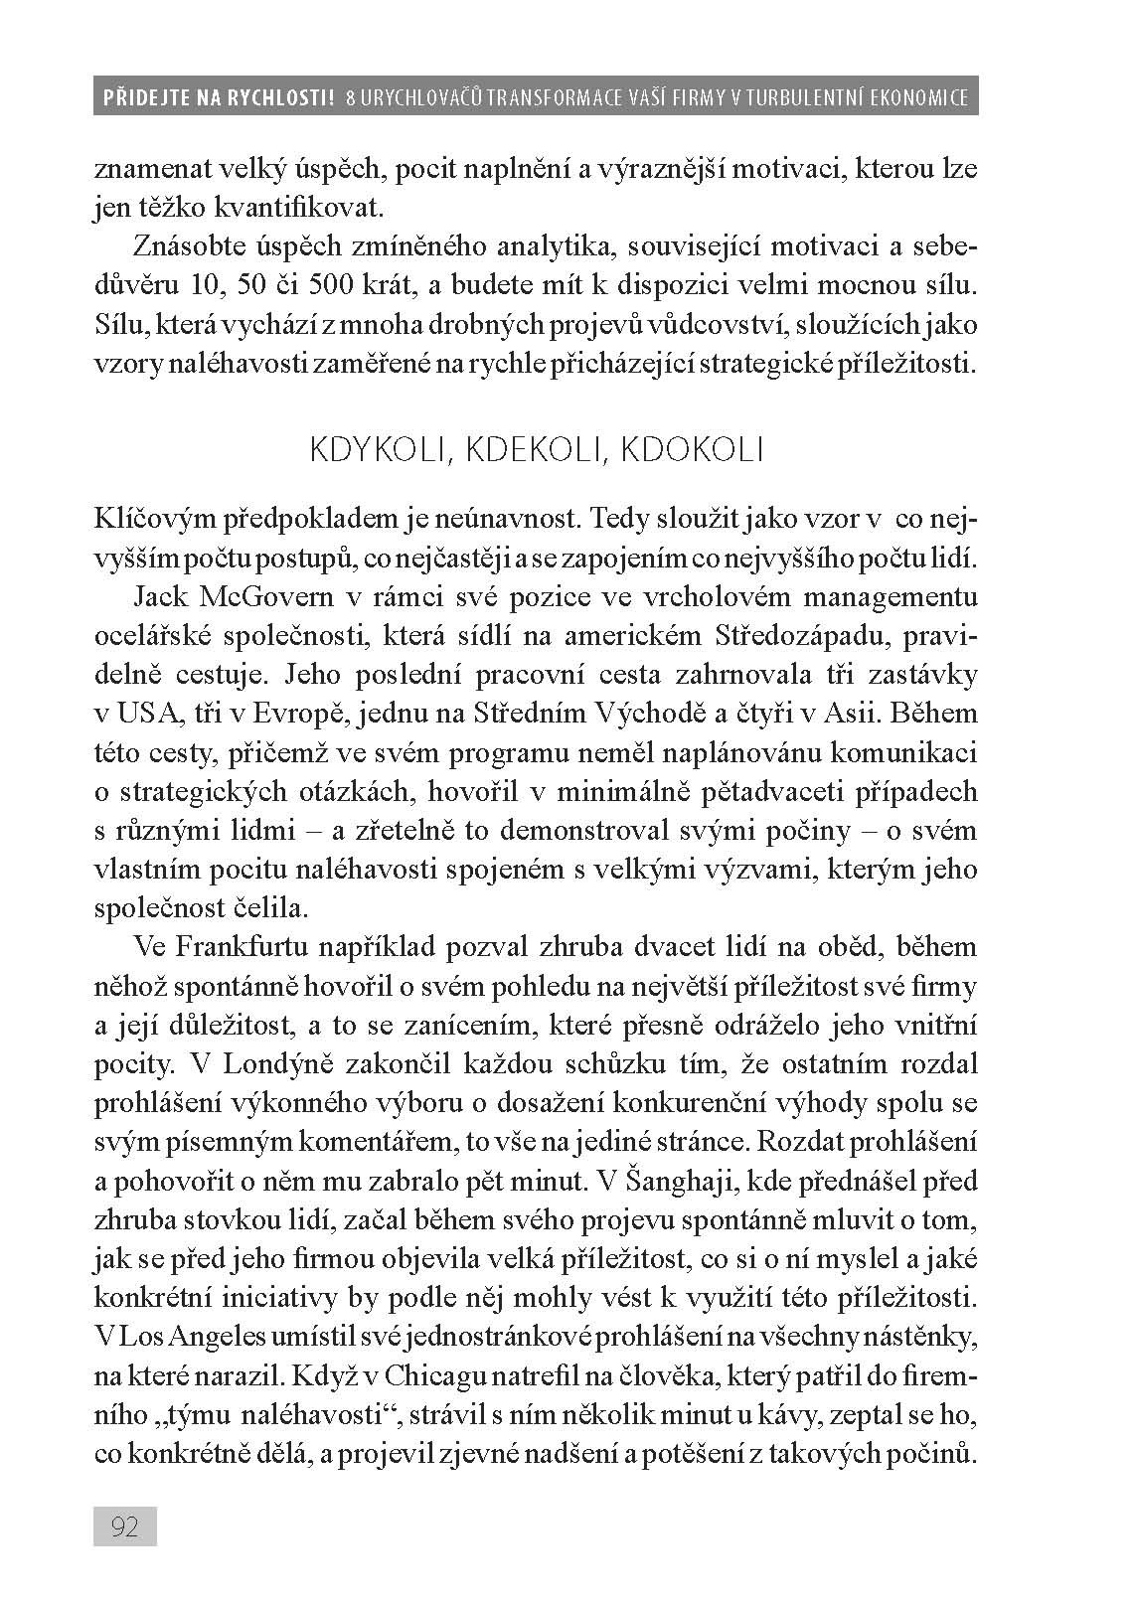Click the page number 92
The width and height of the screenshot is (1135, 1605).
[125, 1526]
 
